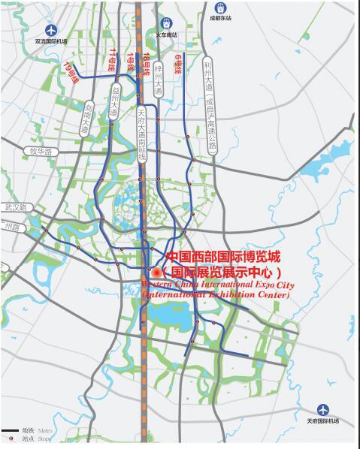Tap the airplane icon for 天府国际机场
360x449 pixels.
pyautogui.click(x=323, y=409)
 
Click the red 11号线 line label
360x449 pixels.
pyautogui.click(x=114, y=59)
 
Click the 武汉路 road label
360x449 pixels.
pyautogui.click(x=15, y=206)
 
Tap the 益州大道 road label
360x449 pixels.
pyautogui.click(x=114, y=102)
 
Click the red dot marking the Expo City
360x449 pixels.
pyautogui.click(x=156, y=272)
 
